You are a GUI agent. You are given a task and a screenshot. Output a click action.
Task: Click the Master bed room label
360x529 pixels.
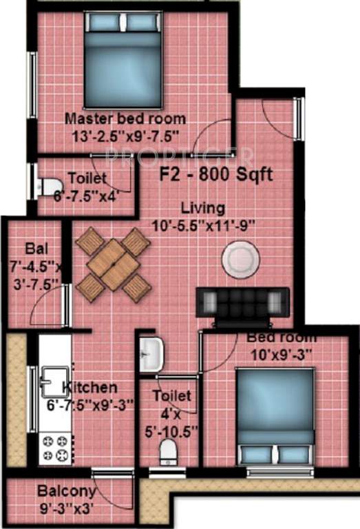[125, 118]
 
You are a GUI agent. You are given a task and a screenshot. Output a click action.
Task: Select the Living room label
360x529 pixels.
[203, 207]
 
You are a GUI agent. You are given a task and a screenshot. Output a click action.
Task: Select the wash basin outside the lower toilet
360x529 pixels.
[151, 354]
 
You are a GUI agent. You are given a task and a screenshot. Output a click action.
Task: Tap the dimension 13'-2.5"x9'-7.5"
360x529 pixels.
[125, 135]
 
